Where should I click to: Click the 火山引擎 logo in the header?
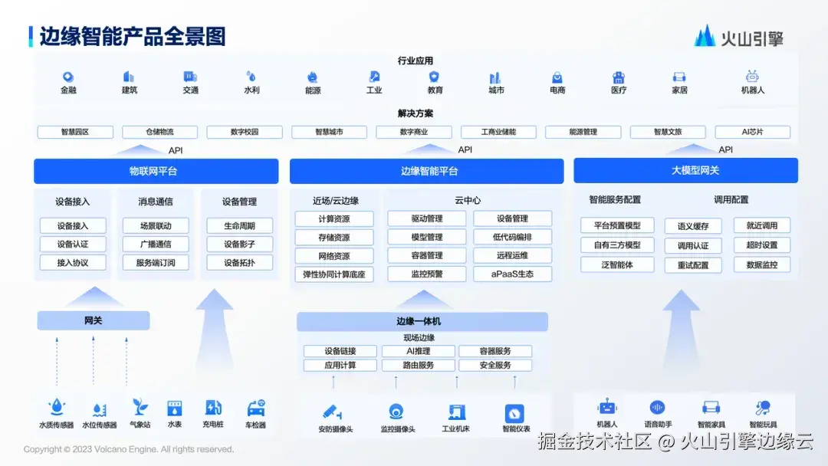(738, 36)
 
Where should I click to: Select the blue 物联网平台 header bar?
(153, 171)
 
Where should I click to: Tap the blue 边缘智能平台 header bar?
(429, 171)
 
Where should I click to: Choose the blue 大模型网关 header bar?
(685, 170)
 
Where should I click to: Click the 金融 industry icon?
(68, 77)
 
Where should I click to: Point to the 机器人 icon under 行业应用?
(752, 77)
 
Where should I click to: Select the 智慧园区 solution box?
(75, 132)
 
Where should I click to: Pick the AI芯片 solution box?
(752, 132)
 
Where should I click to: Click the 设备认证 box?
(73, 244)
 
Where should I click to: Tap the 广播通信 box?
(156, 244)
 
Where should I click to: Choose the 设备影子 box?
(239, 244)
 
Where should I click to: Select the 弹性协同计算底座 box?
(334, 274)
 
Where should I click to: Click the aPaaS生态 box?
(512, 274)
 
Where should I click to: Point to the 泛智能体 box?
(617, 264)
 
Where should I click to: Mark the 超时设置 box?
(762, 245)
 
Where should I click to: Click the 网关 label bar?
(94, 320)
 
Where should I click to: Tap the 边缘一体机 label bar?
(422, 321)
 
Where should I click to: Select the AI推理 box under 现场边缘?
(419, 351)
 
